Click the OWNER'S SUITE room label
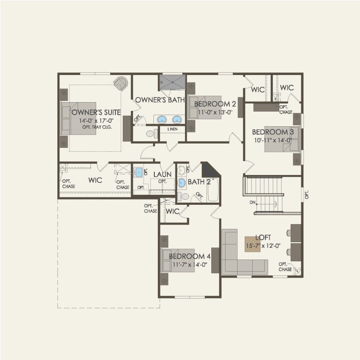click(x=96, y=113)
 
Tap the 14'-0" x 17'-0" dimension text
click(x=96, y=121)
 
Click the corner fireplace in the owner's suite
click(x=122, y=83)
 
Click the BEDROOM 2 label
click(x=215, y=104)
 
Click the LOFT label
click(x=263, y=238)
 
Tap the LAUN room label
click(x=163, y=174)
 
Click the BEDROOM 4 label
click(x=189, y=257)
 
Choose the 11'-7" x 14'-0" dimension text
click(x=190, y=265)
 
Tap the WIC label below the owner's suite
click(x=95, y=180)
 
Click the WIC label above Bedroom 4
click(x=172, y=211)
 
